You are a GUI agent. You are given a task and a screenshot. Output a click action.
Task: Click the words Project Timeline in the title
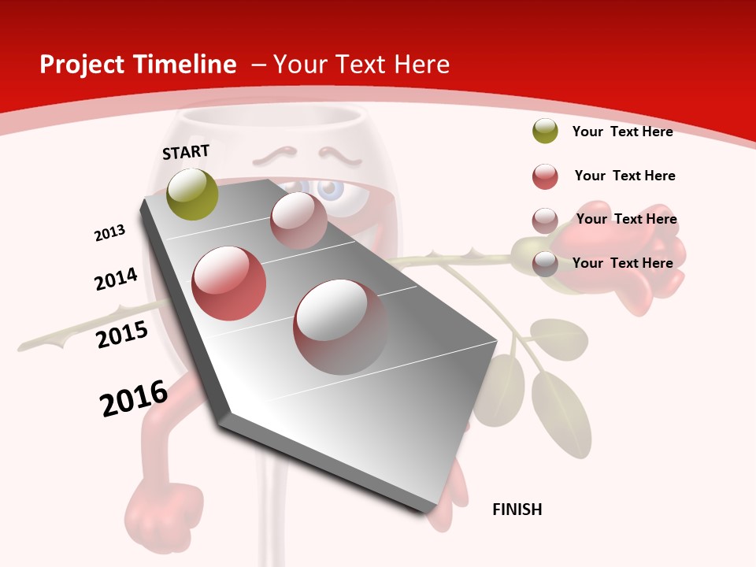coord(138,65)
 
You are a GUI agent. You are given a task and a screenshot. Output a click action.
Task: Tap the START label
coord(186,152)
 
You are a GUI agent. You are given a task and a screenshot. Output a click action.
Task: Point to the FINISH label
coord(517,510)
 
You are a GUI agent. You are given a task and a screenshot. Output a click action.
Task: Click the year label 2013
coord(110,233)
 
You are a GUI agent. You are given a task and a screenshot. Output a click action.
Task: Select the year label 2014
coord(117,279)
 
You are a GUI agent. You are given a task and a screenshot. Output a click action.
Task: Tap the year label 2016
coord(134,398)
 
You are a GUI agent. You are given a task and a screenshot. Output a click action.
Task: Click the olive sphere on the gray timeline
coord(192,194)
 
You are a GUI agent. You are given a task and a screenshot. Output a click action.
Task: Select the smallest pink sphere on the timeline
coord(298,220)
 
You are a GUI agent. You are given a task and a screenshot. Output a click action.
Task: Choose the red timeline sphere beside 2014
coord(228,283)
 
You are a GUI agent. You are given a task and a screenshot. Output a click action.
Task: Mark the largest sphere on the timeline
coord(340,327)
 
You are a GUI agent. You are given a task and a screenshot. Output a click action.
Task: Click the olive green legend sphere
coord(545,132)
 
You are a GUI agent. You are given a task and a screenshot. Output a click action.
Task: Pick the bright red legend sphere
coord(545,176)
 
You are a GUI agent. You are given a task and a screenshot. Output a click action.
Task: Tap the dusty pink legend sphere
coord(545,220)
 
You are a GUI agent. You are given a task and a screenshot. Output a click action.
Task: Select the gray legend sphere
coord(545,264)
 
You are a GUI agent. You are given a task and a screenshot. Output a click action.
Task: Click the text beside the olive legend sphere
coord(622,132)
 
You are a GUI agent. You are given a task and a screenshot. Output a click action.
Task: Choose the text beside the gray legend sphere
coord(622,263)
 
